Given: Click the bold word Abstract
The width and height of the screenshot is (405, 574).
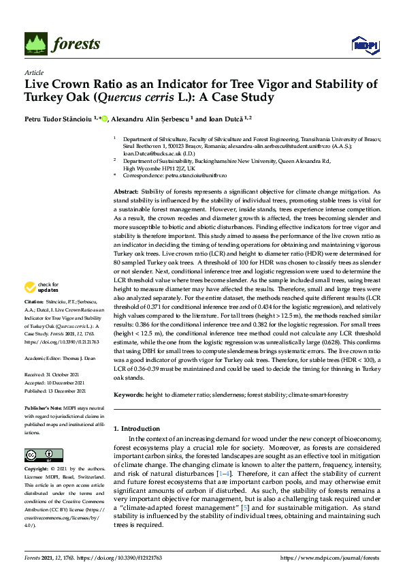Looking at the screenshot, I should point(127,194).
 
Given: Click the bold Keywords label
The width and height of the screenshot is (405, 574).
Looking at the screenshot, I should point(128,395).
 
